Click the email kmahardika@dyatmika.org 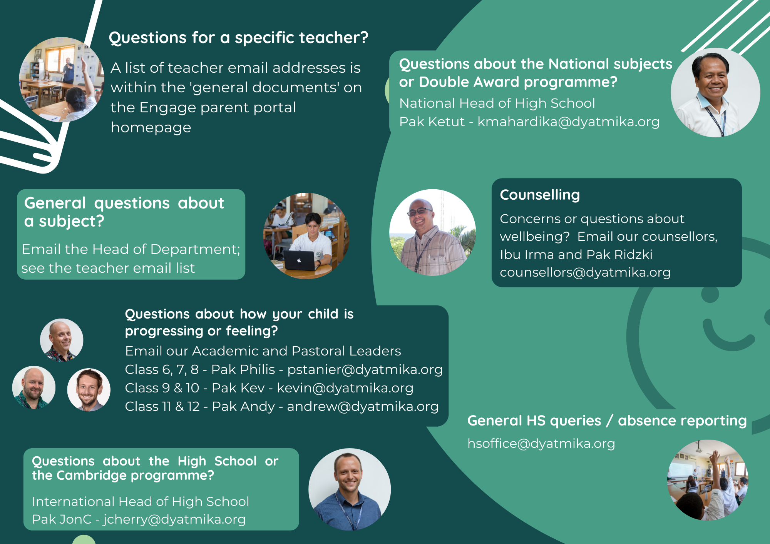(569, 122)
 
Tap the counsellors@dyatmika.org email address (585, 272)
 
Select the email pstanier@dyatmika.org (365, 370)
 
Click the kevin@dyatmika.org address (345, 388)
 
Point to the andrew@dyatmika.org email (363, 407)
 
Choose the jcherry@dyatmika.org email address (174, 519)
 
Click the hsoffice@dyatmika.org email (541, 444)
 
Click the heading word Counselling (540, 195)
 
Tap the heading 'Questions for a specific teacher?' (239, 38)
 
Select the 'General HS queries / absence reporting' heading (607, 421)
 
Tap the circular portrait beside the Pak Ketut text (715, 92)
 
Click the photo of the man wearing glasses (432, 232)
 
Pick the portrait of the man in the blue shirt (350, 489)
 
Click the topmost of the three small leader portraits (62, 340)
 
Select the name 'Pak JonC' (62, 519)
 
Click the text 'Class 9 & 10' (162, 388)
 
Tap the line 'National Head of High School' (497, 103)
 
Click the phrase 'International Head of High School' (141, 502)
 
